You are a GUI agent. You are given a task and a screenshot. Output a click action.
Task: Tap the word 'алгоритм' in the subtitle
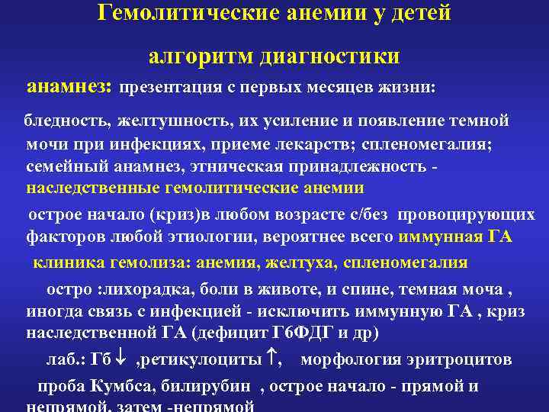tap(199, 56)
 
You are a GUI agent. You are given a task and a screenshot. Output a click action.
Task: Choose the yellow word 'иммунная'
tap(439, 237)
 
